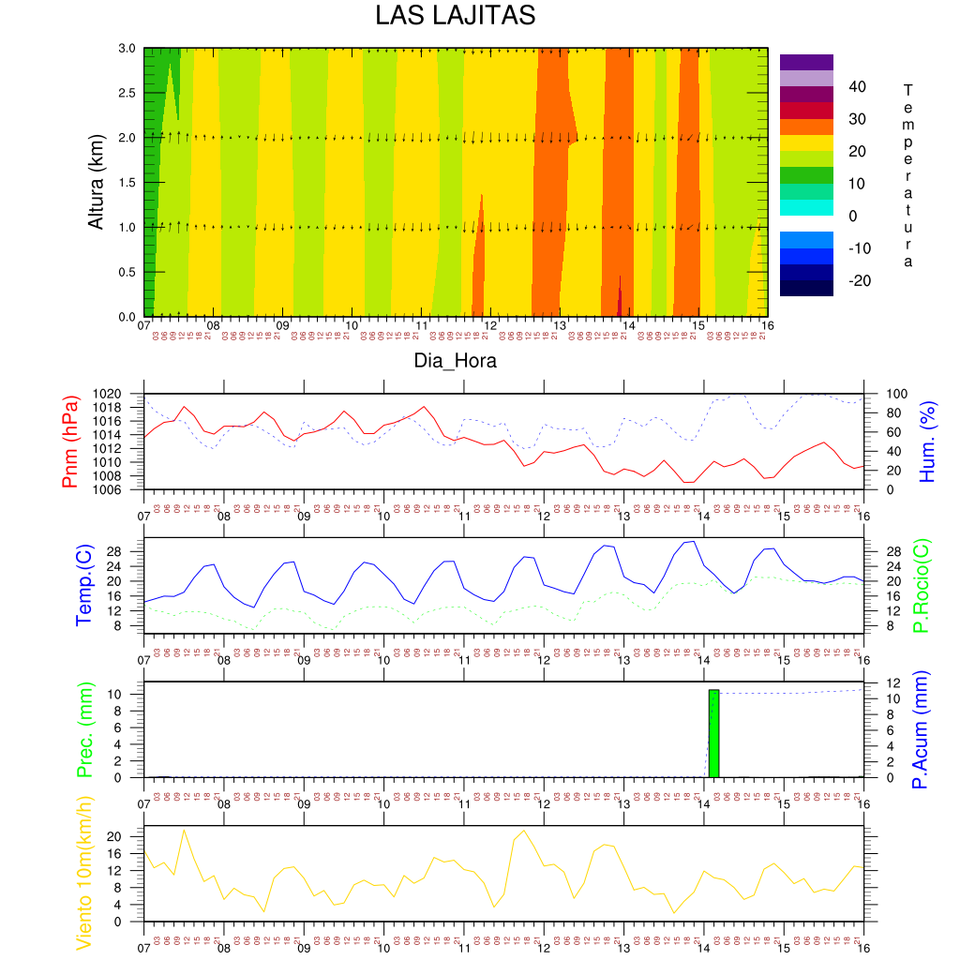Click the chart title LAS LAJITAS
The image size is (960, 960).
click(x=455, y=17)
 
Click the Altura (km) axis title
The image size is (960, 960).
click(x=95, y=183)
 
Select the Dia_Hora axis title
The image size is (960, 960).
click(x=456, y=360)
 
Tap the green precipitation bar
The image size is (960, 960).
click(x=713, y=733)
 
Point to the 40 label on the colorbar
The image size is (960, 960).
click(x=857, y=87)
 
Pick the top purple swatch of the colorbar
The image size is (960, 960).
click(x=806, y=62)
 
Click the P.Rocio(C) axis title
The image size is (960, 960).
click(x=922, y=585)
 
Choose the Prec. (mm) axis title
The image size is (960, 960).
click(x=83, y=729)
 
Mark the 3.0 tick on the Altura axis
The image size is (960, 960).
click(x=127, y=48)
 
